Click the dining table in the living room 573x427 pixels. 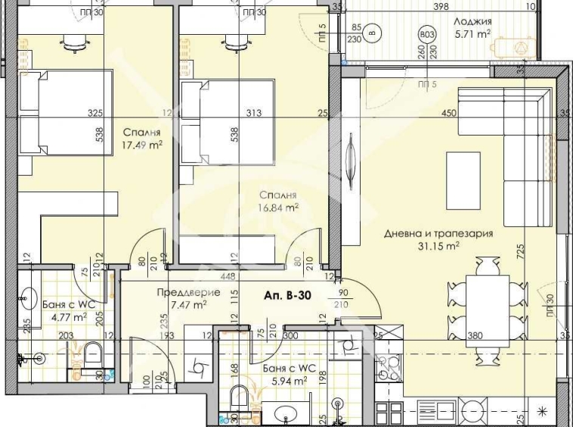[485, 303]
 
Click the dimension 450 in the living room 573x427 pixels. [450, 114]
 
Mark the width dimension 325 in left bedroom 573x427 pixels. [95, 114]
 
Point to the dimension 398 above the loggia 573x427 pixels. [453, 7]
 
